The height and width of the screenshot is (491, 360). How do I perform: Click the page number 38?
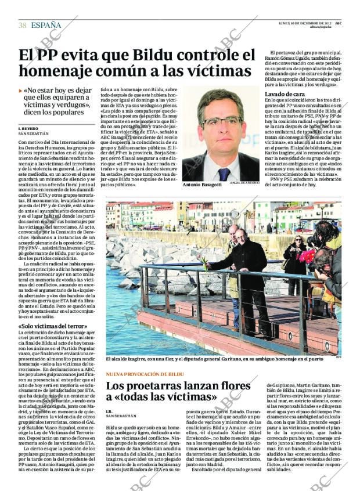click(x=23, y=25)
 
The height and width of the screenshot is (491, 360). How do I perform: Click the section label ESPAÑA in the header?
click(x=46, y=25)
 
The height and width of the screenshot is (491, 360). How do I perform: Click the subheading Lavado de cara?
click(x=285, y=93)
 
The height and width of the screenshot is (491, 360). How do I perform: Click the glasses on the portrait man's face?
click(x=221, y=121)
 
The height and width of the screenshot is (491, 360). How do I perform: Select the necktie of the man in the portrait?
click(x=224, y=174)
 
